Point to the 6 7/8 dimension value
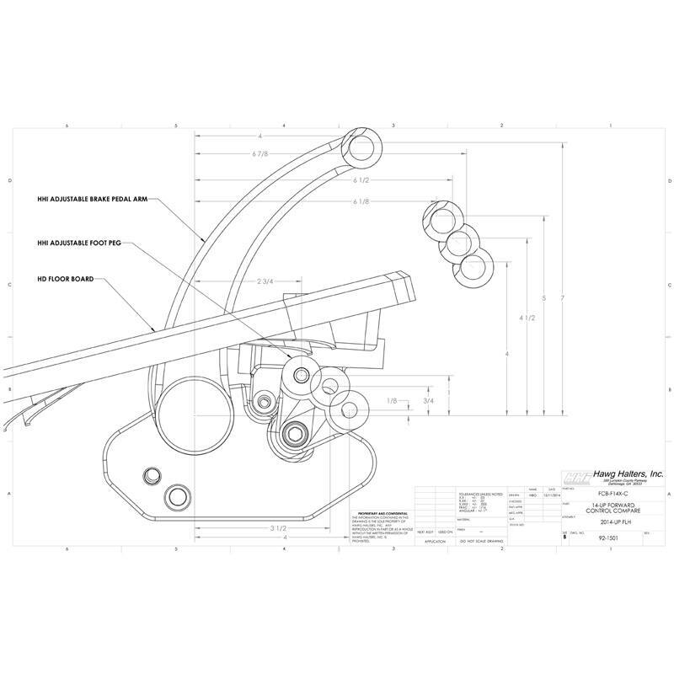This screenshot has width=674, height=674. coord(261,155)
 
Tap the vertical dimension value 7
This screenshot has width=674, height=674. coord(563,299)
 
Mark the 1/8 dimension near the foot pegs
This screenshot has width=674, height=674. coord(390,401)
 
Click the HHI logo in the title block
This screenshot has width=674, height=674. coord(575,476)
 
